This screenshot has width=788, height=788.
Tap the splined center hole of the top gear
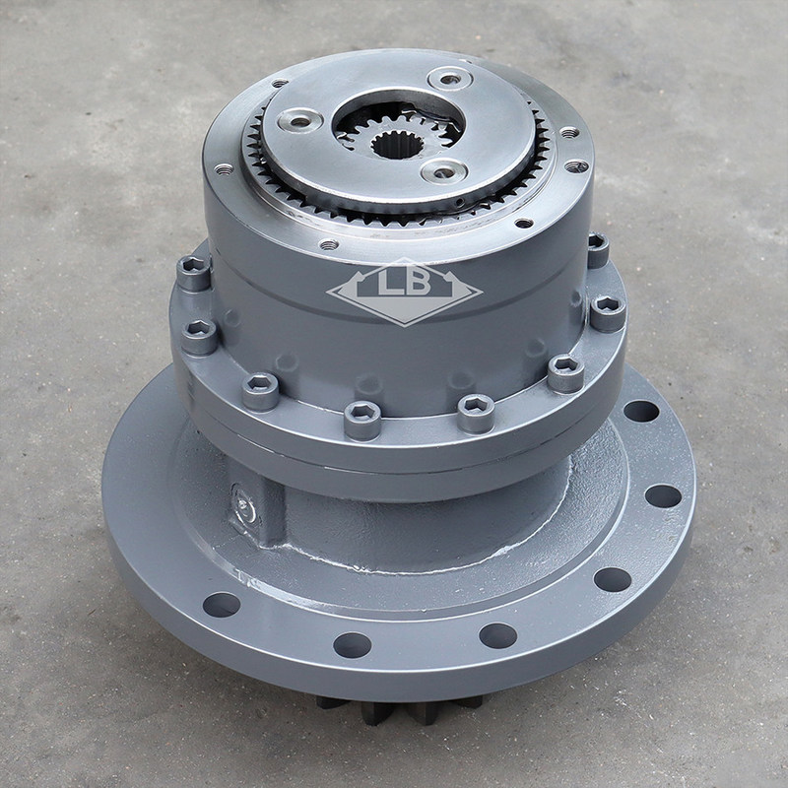tap(397, 145)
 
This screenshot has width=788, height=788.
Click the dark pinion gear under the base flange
tap(400, 709)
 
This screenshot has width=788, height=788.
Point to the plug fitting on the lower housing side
tap(245, 507)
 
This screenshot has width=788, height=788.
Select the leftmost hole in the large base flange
tap(221, 605)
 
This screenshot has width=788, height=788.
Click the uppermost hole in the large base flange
tap(641, 411)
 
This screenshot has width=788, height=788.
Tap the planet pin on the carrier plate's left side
tap(299, 121)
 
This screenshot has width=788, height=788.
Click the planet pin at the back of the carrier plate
tap(450, 80)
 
